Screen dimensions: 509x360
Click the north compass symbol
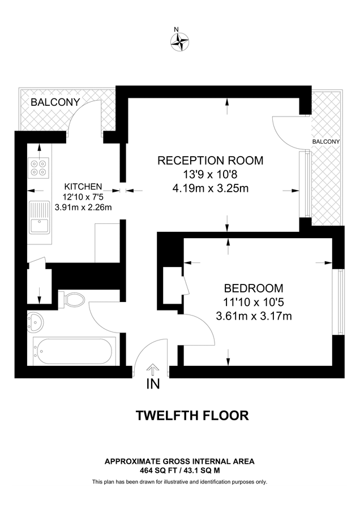tap(179, 41)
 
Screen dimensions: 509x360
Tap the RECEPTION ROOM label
tap(210, 160)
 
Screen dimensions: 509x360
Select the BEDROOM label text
tap(253, 288)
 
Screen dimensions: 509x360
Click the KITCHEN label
tap(83, 186)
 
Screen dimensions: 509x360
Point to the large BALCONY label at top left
tap(55, 102)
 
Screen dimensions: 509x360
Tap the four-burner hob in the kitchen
tap(39, 167)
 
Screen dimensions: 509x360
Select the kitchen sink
tap(40, 218)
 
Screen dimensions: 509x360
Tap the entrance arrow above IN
tap(153, 369)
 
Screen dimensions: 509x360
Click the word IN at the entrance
tap(153, 385)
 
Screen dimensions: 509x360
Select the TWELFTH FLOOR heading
tap(192, 416)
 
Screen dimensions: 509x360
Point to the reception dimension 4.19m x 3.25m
tap(211, 188)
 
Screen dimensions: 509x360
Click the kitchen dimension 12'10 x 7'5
tap(83, 196)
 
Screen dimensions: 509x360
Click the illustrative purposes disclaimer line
tap(179, 482)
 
